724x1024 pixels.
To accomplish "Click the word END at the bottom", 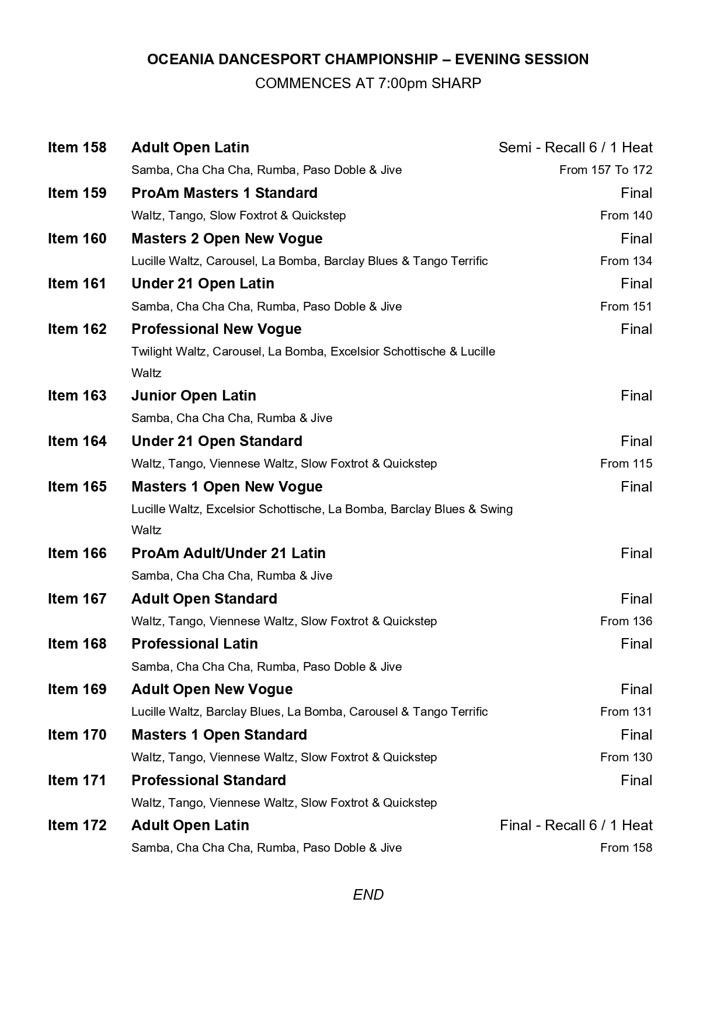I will tap(368, 894).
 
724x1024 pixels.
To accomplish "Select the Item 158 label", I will tap(77, 147).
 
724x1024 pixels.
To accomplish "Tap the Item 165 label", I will tap(77, 486).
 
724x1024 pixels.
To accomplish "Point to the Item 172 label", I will tap(77, 825).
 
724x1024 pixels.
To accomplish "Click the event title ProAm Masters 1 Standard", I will tap(224, 193).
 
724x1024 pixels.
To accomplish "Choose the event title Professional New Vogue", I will tap(216, 329).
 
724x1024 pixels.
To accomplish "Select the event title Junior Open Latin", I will tap(193, 395).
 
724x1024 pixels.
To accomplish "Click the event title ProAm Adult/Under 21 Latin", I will tap(228, 553).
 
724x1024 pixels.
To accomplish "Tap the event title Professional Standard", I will tap(208, 780).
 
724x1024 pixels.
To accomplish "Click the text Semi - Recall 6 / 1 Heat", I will tap(575, 147).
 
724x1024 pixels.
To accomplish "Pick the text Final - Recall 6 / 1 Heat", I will tap(576, 825).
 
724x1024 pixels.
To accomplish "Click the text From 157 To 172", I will tap(605, 170).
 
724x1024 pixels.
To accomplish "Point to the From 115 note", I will tap(626, 464).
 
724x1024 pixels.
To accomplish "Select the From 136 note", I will tap(626, 621).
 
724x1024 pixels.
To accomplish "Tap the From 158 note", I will tap(626, 848).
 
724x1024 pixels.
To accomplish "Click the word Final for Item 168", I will tap(636, 643).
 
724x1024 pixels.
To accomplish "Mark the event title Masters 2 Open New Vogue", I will tap(227, 238).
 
